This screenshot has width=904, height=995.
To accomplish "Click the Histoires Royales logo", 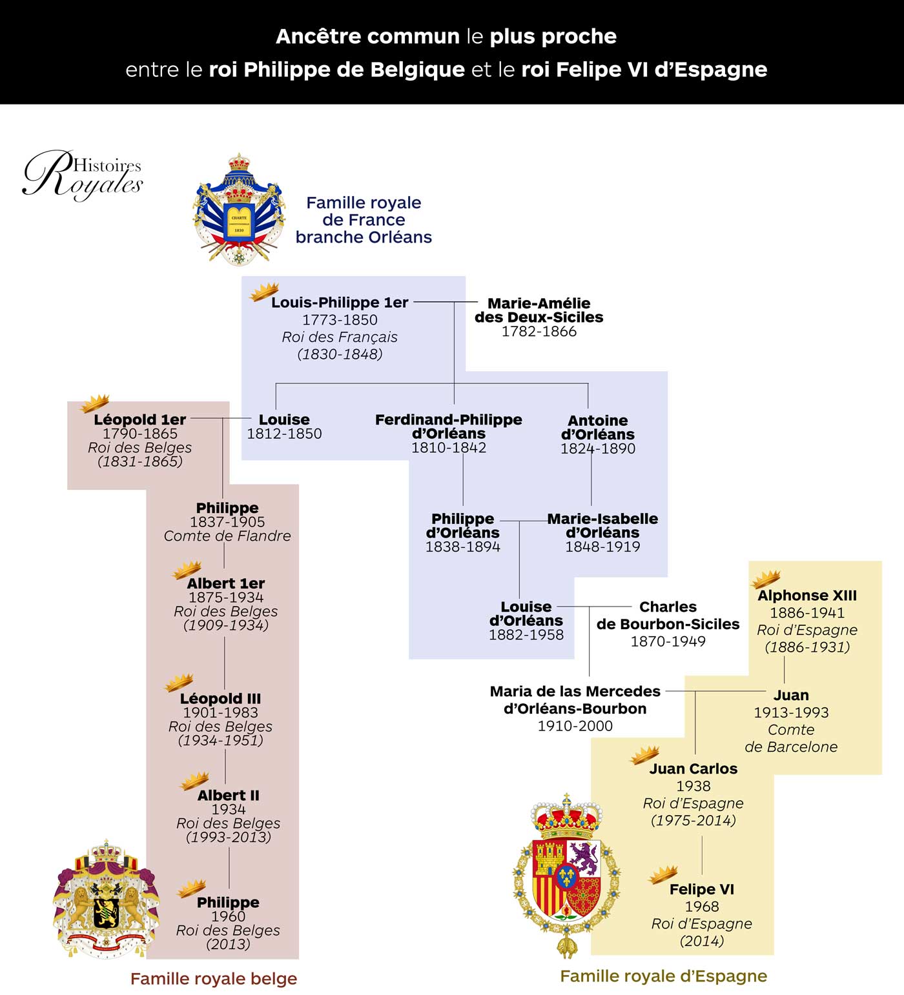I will (x=83, y=174).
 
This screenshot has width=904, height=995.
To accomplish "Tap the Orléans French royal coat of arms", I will (x=239, y=210).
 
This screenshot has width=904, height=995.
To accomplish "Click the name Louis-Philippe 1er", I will (x=340, y=303).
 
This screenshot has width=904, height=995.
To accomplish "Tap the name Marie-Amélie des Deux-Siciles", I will (x=539, y=310).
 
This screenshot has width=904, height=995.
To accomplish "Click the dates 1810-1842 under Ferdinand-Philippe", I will (x=449, y=448).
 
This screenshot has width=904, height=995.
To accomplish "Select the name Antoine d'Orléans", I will (x=597, y=427).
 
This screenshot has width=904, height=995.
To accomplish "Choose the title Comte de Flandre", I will (x=227, y=536).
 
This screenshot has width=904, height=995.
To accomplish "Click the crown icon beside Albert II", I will (x=194, y=781).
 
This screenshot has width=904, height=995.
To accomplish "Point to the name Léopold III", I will (x=220, y=699).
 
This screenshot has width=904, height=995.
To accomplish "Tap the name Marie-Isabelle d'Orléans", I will (x=602, y=526).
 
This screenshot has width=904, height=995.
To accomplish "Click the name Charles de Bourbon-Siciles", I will (x=668, y=616).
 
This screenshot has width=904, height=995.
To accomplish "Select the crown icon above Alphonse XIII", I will (x=766, y=579).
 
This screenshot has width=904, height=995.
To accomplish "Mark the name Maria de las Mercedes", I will (x=575, y=692).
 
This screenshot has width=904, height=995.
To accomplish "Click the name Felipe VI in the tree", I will (x=702, y=889).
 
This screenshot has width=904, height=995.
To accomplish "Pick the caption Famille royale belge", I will (x=214, y=979).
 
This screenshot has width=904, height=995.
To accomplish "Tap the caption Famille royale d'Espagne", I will (x=663, y=976).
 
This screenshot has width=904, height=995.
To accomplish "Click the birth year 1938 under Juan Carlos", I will (x=693, y=786).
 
